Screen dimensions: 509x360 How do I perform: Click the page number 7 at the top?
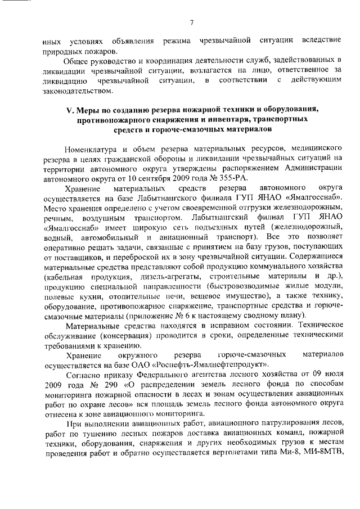pos(192,22)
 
